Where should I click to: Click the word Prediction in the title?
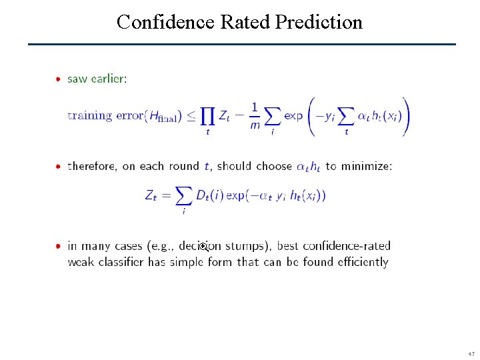[319, 22]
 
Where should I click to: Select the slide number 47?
[471, 353]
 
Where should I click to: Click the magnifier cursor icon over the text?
[204, 247]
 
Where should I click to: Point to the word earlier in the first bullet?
[107, 78]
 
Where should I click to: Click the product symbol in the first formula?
[208, 116]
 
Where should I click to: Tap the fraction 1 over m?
[255, 116]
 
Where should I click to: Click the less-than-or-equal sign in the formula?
[191, 116]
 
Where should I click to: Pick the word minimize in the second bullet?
[366, 166]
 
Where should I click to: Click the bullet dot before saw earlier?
[59, 79]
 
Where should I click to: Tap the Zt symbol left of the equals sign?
[151, 195]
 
